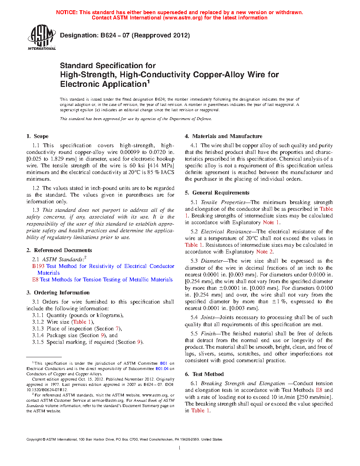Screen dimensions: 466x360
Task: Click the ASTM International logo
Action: coord(41,37)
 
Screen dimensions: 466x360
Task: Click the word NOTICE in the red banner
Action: coord(67,12)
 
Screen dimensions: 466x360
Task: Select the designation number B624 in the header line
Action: coord(108,35)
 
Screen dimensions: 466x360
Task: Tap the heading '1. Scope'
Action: coord(37,136)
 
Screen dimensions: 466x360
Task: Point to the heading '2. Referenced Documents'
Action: coord(59,250)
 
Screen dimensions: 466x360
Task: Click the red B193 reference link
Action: coord(38,266)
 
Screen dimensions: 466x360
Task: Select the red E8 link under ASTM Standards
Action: coord(35,280)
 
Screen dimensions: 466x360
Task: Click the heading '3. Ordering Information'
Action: coord(58,293)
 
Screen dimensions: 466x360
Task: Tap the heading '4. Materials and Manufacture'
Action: coord(223,136)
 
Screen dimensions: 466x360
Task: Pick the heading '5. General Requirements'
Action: coord(217,193)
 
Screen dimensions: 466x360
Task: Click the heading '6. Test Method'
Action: coord(204,374)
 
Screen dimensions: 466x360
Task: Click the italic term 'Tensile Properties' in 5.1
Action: coord(223,202)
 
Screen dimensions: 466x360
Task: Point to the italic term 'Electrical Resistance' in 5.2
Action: coord(226,232)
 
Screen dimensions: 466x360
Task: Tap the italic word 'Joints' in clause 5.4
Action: coord(208,317)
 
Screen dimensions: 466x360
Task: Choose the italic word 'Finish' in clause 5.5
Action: coord(208,334)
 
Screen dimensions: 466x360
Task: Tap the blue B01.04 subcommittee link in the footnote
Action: coord(162,369)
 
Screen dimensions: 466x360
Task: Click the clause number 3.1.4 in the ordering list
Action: coord(38,335)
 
